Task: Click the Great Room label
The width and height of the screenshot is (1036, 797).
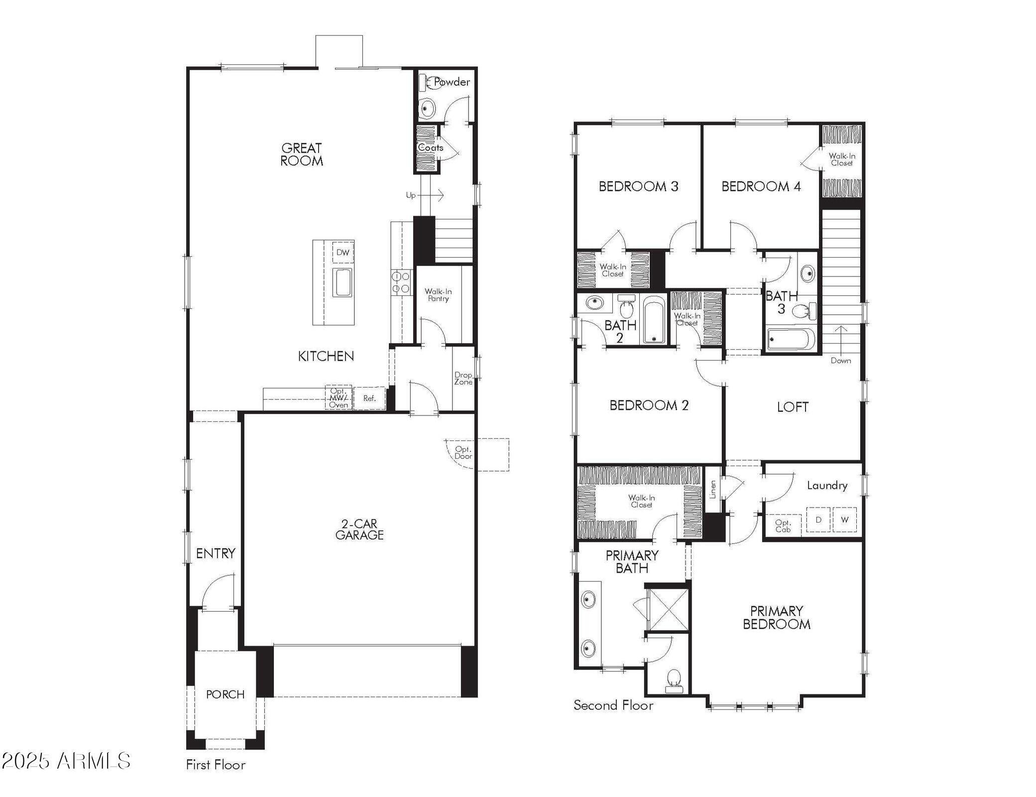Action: coord(302,154)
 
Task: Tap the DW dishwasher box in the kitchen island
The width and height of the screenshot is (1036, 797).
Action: coord(343,253)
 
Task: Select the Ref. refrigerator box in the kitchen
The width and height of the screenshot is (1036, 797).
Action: coord(369,398)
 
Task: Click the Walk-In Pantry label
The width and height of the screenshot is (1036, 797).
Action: coord(438,295)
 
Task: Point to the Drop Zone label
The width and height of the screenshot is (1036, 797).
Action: coord(463,379)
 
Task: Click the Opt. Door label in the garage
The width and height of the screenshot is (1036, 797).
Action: coord(463,453)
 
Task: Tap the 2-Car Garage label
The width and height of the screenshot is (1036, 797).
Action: coord(359,530)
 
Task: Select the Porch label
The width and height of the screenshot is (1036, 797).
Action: coord(225,694)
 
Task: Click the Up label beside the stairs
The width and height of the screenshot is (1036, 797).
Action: coord(411,195)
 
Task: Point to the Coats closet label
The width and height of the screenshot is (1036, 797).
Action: coord(430,148)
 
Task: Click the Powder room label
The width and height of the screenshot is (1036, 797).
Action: coord(452,82)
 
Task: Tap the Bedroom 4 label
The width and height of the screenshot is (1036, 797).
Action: coord(761,187)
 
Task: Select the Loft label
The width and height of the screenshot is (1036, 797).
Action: coord(793,407)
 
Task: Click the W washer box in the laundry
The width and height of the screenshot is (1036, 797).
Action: coord(844,520)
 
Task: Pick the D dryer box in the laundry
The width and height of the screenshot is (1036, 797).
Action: coord(818,520)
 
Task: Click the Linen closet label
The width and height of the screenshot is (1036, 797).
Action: coord(712,489)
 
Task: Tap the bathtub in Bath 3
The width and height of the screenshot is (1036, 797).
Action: coord(791,340)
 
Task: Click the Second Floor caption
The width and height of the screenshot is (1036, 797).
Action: coord(613,705)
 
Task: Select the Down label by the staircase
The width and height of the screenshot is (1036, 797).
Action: coord(840,361)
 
